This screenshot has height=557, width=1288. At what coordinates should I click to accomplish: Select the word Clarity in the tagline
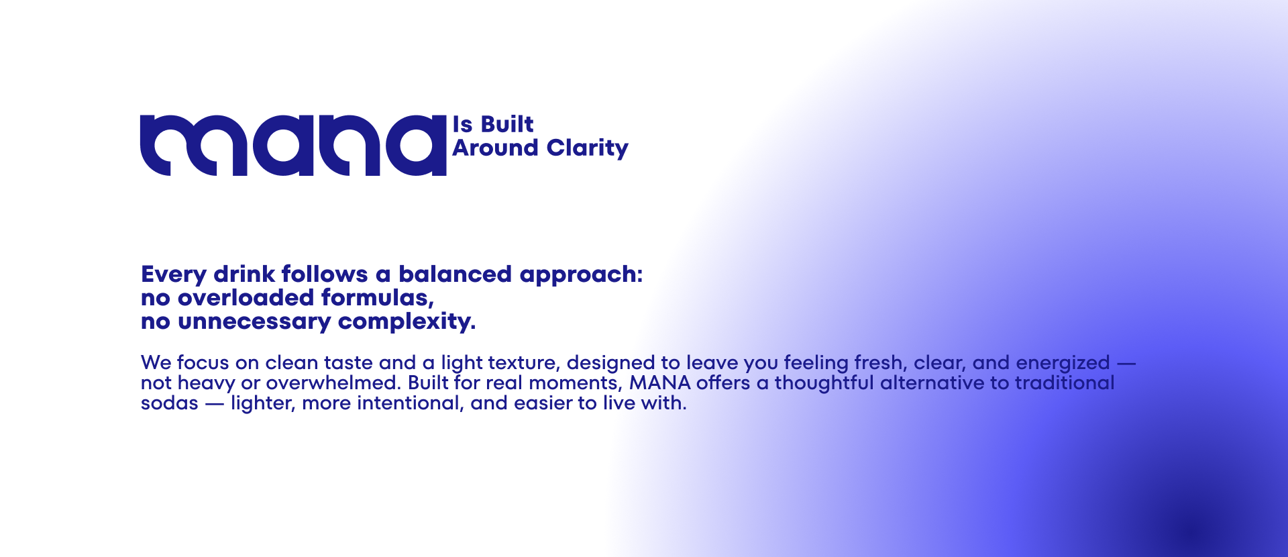click(x=587, y=148)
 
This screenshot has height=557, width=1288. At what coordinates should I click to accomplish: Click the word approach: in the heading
click(x=581, y=275)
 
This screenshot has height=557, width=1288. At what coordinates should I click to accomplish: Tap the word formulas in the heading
click(x=377, y=298)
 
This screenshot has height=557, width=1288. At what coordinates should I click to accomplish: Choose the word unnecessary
click(x=254, y=322)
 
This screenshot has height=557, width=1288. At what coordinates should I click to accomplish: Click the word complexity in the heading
click(x=407, y=322)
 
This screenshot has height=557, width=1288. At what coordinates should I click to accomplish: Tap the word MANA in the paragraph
click(x=659, y=383)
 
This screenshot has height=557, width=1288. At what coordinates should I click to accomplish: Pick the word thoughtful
click(x=824, y=383)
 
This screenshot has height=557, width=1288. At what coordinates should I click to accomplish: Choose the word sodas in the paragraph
click(x=169, y=403)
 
